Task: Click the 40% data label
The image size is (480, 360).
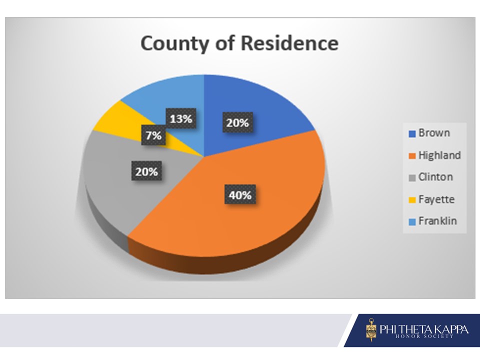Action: (240, 194)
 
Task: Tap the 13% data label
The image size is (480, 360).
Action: (181, 118)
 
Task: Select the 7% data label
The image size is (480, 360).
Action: (153, 135)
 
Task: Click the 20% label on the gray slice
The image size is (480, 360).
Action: (146, 171)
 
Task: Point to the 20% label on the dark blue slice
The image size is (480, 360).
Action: (237, 123)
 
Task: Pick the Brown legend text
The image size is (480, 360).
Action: (434, 133)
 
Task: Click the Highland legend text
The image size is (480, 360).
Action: (439, 155)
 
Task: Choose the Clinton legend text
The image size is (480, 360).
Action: (435, 177)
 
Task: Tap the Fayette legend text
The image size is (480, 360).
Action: (436, 199)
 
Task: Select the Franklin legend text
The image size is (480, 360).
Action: (437, 221)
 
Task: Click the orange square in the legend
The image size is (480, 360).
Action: (412, 156)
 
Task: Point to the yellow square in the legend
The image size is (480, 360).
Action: (412, 200)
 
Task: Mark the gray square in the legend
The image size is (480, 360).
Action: (412, 178)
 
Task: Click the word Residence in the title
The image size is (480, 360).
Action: (289, 43)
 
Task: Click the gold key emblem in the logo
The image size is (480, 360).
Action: (371, 330)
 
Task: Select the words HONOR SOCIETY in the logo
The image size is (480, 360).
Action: (424, 336)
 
